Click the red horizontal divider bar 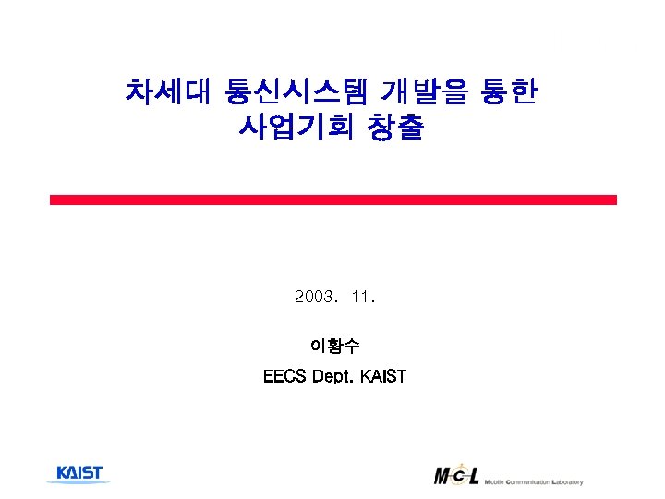(332, 200)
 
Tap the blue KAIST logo (79, 473)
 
